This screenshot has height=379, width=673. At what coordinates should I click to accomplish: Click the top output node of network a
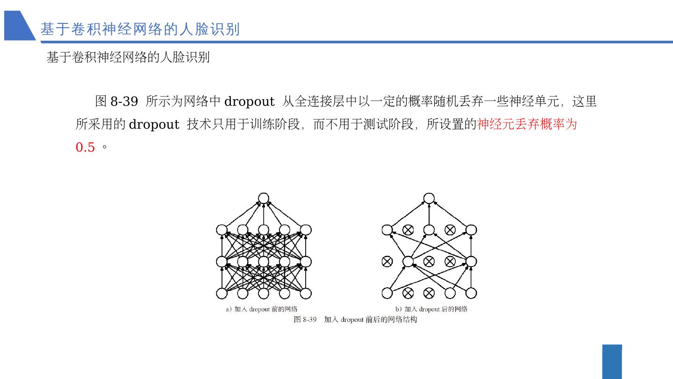[x=264, y=198]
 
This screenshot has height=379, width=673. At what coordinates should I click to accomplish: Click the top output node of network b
[x=429, y=198]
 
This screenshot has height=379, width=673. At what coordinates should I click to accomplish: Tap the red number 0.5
[x=85, y=147]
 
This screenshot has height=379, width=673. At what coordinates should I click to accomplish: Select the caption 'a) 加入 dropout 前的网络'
[x=262, y=309]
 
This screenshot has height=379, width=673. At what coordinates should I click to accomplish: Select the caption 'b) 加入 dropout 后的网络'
[x=431, y=309]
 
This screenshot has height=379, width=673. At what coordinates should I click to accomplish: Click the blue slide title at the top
[x=140, y=29]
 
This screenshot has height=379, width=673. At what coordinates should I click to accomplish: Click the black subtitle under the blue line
[x=128, y=57]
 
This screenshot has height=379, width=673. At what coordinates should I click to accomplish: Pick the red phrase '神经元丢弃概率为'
[x=527, y=124]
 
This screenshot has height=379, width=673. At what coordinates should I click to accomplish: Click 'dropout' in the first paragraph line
[x=249, y=102]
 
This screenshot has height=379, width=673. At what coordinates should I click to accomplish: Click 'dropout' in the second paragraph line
[x=154, y=124]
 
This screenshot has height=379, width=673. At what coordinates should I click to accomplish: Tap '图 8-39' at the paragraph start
[x=116, y=102]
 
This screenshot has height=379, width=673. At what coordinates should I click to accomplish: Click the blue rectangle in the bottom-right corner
[x=612, y=362]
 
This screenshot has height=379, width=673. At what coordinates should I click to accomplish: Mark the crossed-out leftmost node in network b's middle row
[x=387, y=262]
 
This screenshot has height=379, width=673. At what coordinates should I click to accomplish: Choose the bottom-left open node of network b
[x=387, y=293]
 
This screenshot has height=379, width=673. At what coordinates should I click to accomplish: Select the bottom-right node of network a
[x=306, y=293]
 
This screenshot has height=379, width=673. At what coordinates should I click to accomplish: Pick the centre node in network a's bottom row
[x=264, y=293]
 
